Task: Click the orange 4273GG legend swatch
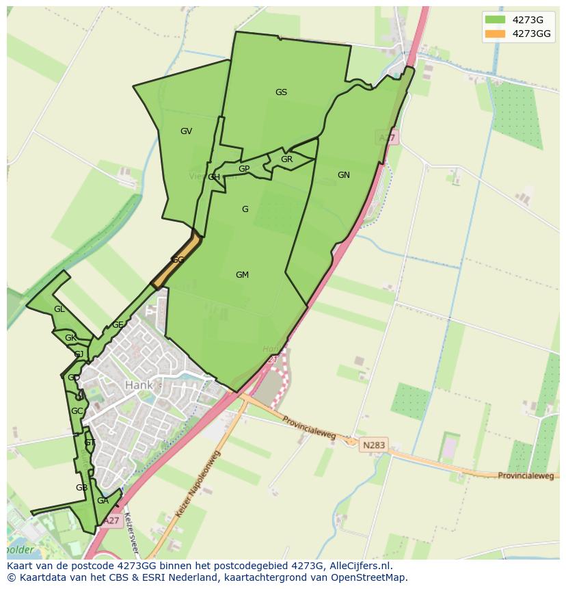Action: pos(495,34)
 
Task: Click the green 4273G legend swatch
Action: pos(495,19)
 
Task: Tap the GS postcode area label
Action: pos(281,92)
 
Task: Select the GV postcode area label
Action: pos(186,131)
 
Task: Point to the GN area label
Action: pos(343,175)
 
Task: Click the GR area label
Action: pos(286,159)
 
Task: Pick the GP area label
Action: pos(244,169)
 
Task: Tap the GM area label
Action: pos(242,275)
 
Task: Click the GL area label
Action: pos(59,309)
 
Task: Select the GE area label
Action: pos(118,325)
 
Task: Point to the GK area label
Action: pos(70,338)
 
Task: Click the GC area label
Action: pos(77,411)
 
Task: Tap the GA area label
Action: pos(103,501)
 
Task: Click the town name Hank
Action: pos(139,385)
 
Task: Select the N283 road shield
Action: pos(374,445)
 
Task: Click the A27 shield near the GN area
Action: pos(388,138)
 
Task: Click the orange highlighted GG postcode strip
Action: pos(177,261)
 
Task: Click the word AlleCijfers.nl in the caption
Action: pos(358,566)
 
